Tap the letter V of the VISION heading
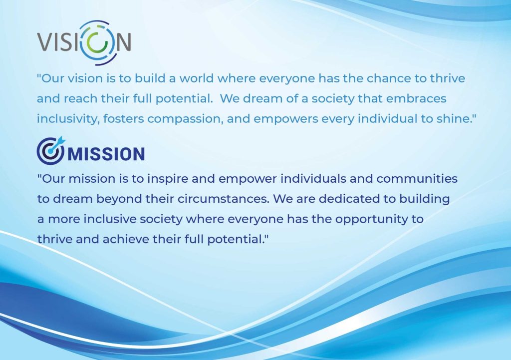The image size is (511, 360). [x=44, y=42]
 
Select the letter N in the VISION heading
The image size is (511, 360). [x=124, y=42]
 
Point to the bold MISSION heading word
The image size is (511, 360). [x=106, y=154]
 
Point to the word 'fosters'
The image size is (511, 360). [x=124, y=119]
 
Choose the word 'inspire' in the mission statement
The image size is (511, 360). [x=167, y=179]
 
